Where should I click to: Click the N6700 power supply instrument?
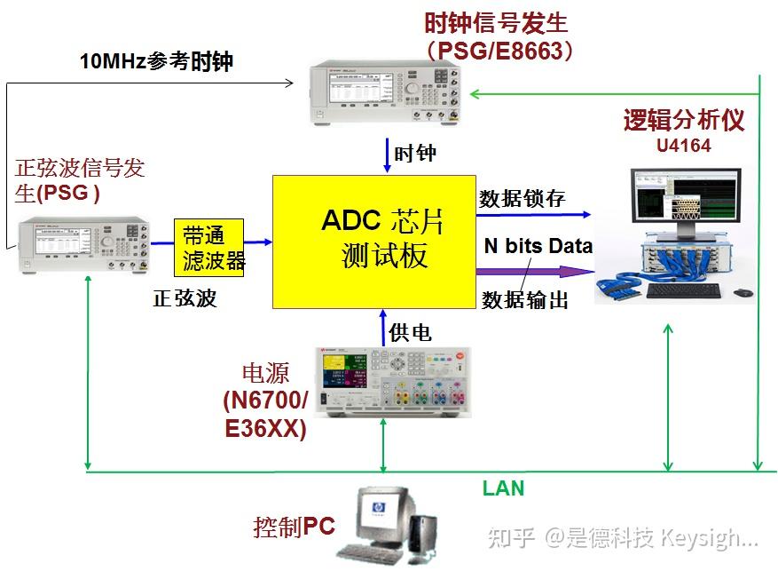384,381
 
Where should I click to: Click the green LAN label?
503,488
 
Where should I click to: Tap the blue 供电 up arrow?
382,327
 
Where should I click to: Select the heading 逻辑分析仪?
683,120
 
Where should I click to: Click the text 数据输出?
524,300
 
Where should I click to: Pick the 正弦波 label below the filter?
185,298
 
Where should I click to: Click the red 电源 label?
265,372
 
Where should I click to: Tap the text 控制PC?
294,527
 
